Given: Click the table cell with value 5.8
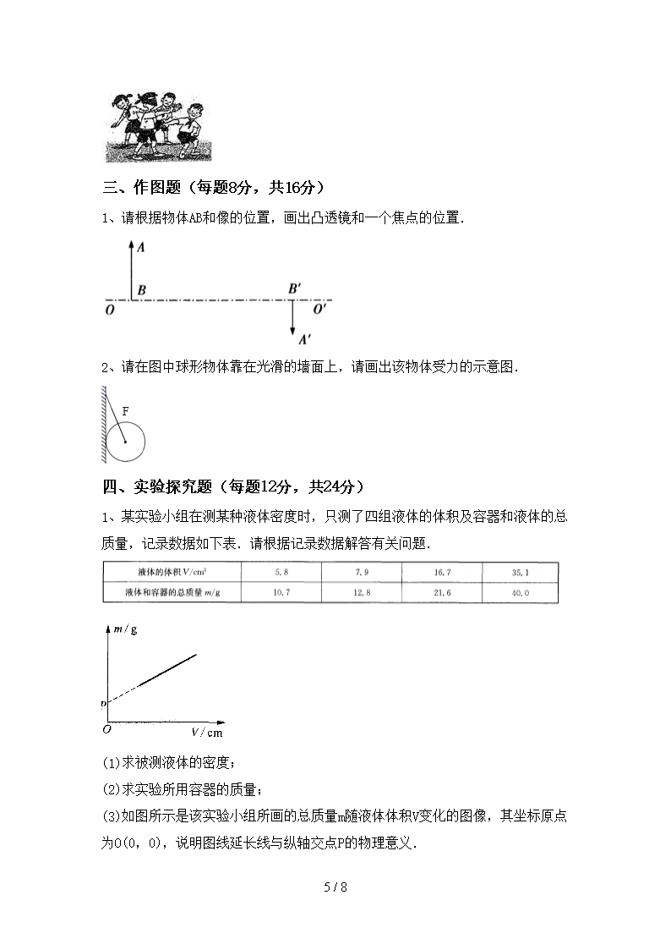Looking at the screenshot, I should (x=281, y=573).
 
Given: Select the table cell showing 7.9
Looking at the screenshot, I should (x=362, y=573).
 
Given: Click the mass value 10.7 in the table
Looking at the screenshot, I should (x=281, y=593).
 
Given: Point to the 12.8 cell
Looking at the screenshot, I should (x=362, y=593).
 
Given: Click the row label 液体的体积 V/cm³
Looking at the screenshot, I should (x=172, y=573).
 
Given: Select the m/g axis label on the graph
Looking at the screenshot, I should (x=125, y=630).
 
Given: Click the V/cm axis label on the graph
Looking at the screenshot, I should (x=206, y=732).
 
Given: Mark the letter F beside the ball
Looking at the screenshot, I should (x=125, y=410).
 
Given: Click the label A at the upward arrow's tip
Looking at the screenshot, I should (x=140, y=248).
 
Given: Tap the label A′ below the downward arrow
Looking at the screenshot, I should (x=305, y=339).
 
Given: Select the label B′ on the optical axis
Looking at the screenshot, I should (x=295, y=289).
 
